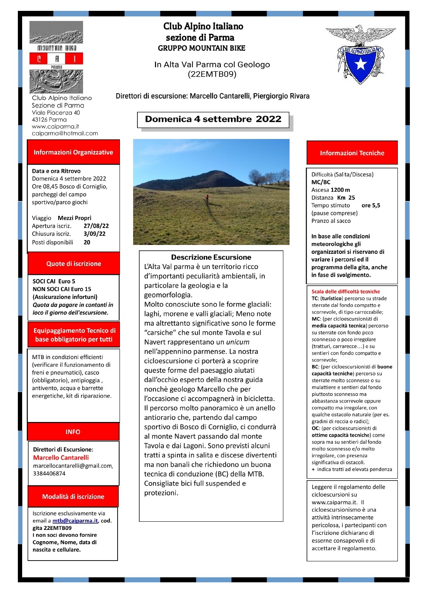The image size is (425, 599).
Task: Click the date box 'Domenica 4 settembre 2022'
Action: click(x=213, y=119)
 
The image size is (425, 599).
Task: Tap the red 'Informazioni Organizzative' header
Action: click(x=73, y=152)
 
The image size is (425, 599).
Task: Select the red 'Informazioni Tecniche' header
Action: click(x=352, y=153)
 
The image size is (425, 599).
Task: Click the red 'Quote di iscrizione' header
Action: click(x=73, y=264)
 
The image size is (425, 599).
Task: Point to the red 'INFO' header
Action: click(x=73, y=432)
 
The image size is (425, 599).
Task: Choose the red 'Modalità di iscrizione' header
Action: click(x=73, y=497)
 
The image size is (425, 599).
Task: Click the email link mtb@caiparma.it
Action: click(x=75, y=521)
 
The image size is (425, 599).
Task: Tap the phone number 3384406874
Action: click(x=49, y=474)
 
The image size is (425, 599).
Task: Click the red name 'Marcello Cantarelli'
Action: click(x=61, y=458)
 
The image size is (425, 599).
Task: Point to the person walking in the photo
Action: click(x=207, y=198)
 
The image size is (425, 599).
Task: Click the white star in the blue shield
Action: click(x=361, y=64)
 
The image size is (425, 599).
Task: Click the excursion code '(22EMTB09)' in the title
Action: click(x=212, y=74)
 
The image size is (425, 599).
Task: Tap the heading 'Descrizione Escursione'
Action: click(x=211, y=257)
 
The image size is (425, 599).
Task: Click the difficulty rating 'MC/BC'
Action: click(x=321, y=182)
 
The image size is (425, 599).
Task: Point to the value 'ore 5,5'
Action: click(x=371, y=205)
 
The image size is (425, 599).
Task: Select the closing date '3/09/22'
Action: click(x=94, y=234)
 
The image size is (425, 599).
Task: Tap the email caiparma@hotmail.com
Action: click(x=65, y=133)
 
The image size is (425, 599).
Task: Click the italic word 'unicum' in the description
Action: click(x=238, y=342)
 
